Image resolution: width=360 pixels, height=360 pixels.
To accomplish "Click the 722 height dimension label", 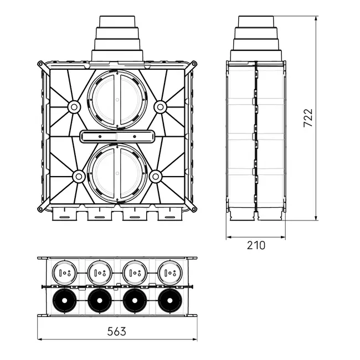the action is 308,118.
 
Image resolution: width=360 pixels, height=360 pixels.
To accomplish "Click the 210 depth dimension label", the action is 256,245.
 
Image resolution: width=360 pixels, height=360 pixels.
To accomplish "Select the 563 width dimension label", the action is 117,332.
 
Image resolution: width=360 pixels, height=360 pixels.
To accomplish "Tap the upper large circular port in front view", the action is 117,100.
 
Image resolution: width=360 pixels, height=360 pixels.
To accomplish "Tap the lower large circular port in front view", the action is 117,173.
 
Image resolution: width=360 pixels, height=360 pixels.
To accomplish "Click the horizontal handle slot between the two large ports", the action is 117,136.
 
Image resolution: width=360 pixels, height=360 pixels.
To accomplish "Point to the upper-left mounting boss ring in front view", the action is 74,107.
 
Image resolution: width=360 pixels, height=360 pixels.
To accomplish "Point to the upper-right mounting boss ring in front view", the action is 160,107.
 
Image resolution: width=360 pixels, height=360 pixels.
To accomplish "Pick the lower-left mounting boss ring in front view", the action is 79,177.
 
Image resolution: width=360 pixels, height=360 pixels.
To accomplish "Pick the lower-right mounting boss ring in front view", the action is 156,177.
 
